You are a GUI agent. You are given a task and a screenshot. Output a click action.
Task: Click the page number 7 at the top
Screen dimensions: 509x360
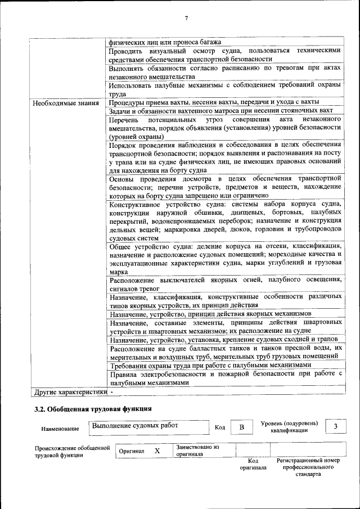[186, 19]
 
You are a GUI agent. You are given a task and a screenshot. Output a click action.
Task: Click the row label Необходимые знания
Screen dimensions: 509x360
[66, 103]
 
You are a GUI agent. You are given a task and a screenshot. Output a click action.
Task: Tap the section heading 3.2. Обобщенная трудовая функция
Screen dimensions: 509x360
[93, 409]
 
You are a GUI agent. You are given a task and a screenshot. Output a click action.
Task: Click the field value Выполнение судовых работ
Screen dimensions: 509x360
[134, 426]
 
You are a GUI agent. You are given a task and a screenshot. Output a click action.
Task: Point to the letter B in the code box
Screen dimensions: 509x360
[241, 427]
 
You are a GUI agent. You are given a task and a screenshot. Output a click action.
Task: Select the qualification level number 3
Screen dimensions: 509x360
[336, 426]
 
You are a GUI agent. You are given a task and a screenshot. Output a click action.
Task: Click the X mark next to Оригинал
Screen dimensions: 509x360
[157, 451]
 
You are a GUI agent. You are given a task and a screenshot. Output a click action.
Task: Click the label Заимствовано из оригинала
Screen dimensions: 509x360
[197, 450]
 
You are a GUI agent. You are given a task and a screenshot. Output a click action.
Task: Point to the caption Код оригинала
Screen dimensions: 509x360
[253, 464]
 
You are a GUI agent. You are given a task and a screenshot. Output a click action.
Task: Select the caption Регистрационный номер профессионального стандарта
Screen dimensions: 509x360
[308, 467]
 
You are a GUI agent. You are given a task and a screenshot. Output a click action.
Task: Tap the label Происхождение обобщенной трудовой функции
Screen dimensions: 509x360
[71, 451]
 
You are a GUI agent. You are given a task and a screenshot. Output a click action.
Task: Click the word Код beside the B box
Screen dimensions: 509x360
[220, 428]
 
